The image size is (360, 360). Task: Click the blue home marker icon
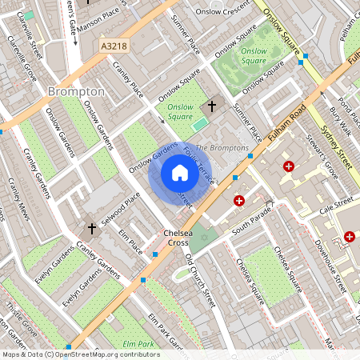[x=180, y=173]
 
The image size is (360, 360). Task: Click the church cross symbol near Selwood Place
[x=91, y=230]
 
